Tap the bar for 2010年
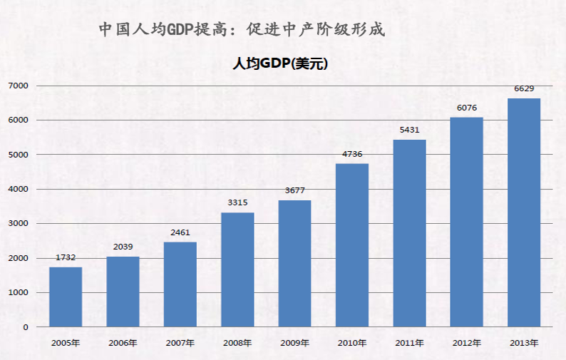352,245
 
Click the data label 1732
66,257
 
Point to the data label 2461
180,232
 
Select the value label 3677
294,190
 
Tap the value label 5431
409,130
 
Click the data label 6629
524,88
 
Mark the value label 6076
467,108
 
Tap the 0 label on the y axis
25,327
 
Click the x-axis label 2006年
123,343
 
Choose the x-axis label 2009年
294,343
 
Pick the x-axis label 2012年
467,343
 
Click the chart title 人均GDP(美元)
280,63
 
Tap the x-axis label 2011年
409,343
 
